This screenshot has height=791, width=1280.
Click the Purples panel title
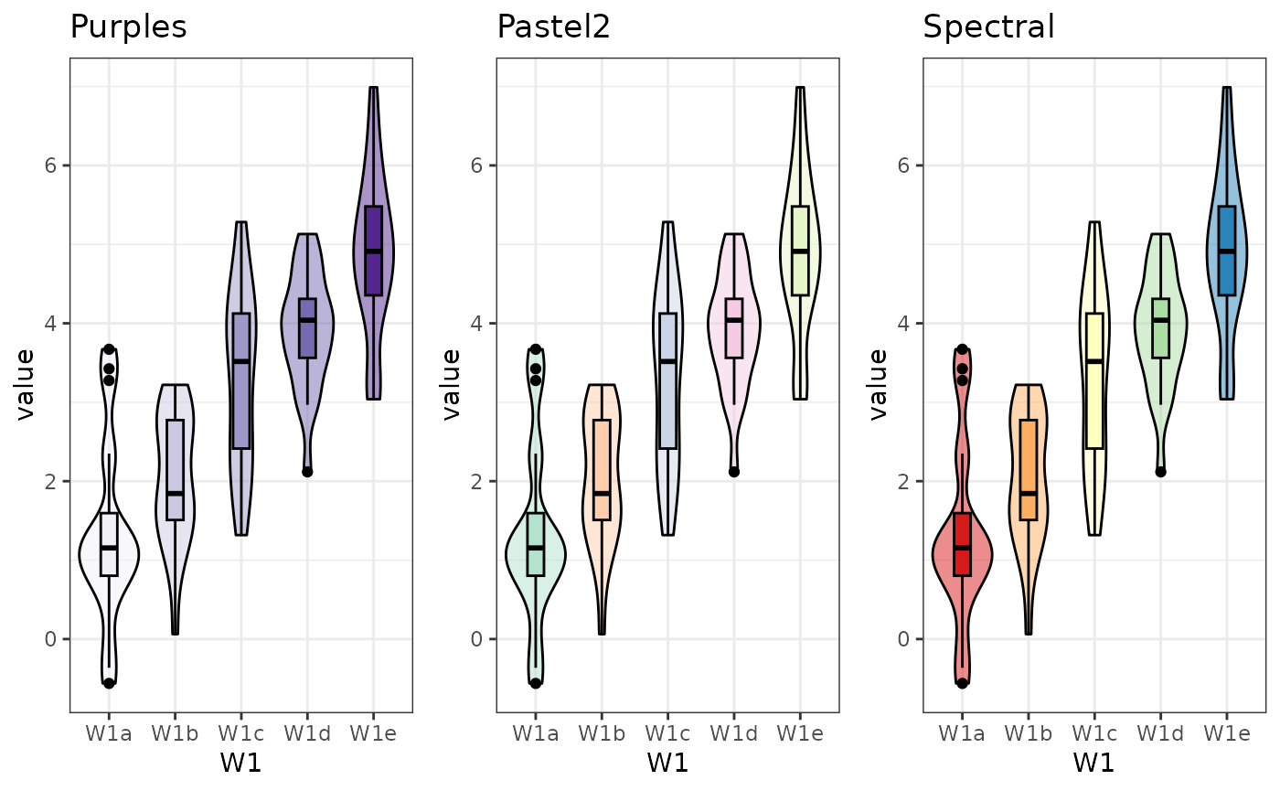point(128,27)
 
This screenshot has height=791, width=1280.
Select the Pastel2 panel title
point(553,27)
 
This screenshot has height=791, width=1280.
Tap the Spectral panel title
point(988,27)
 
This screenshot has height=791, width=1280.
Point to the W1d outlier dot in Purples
point(307,472)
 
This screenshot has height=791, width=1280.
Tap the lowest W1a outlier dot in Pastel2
point(536,683)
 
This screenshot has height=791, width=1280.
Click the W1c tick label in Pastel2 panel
point(667,733)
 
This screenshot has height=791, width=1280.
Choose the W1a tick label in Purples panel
point(109,733)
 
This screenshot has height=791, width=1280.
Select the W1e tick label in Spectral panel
point(1226,733)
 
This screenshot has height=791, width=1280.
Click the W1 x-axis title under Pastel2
point(667,763)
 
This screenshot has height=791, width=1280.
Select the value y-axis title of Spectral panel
point(879,384)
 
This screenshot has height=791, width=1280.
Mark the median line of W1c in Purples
point(241,361)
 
